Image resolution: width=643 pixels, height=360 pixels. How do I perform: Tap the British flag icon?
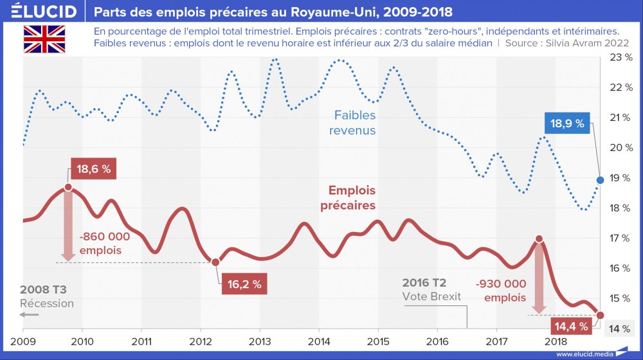44,39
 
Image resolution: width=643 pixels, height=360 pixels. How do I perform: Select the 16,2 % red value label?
244,284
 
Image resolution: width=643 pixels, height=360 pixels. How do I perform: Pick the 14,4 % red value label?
570,327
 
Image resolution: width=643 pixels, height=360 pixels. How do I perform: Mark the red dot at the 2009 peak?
68,188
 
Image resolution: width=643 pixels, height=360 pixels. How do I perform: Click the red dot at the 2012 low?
215,262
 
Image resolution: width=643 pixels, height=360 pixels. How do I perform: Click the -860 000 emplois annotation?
104,243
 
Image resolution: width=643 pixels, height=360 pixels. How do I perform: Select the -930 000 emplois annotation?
502,290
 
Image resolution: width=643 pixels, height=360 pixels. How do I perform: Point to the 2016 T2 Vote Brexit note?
433,289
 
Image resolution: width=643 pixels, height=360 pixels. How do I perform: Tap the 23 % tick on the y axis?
620,57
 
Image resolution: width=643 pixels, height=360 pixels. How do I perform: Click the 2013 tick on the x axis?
259,341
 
